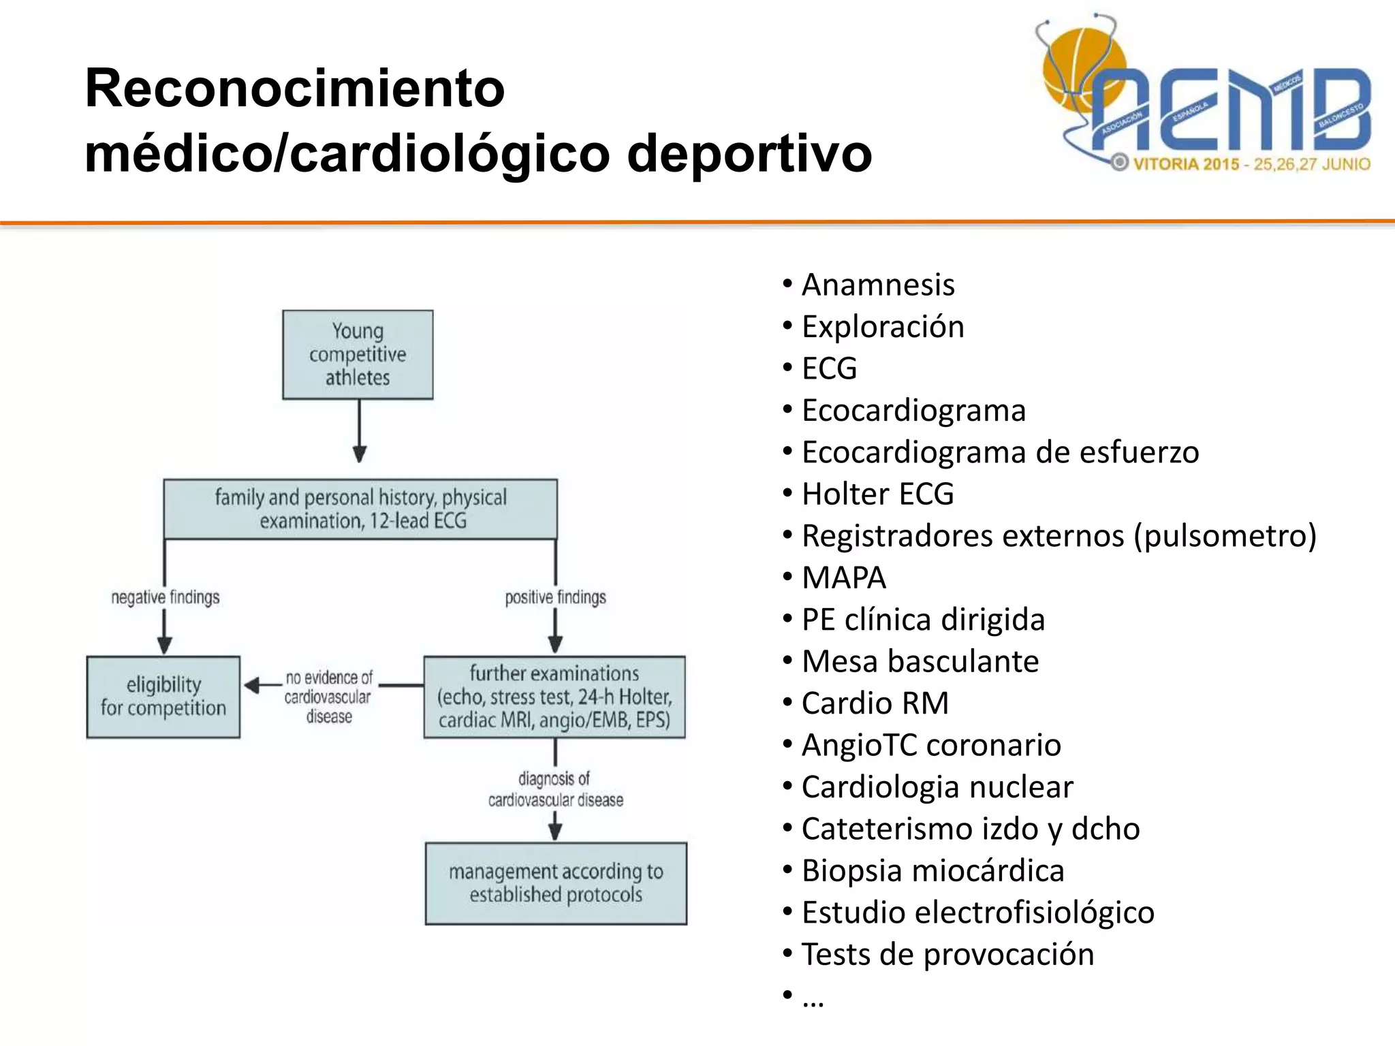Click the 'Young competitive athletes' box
(358, 354)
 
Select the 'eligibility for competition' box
(163, 697)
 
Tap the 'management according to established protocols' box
(556, 883)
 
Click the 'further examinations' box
(554, 697)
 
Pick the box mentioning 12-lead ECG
(360, 509)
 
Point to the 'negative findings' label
(166, 597)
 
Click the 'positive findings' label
(555, 597)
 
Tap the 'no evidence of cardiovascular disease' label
(329, 697)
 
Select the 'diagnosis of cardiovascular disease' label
(555, 789)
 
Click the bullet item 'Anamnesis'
(877, 285)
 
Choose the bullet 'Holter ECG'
(877, 494)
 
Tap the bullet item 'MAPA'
(843, 577)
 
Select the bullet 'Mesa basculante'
(920, 661)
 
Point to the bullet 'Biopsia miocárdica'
(932, 870)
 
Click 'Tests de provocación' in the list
(947, 954)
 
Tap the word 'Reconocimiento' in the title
(294, 89)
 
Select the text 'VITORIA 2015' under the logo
(1185, 164)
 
